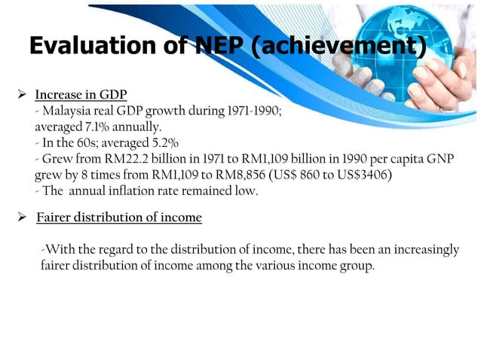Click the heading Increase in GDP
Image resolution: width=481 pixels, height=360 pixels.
click(81, 96)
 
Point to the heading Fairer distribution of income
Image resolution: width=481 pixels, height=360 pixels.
click(119, 218)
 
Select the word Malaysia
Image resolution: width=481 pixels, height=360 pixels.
click(66, 111)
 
